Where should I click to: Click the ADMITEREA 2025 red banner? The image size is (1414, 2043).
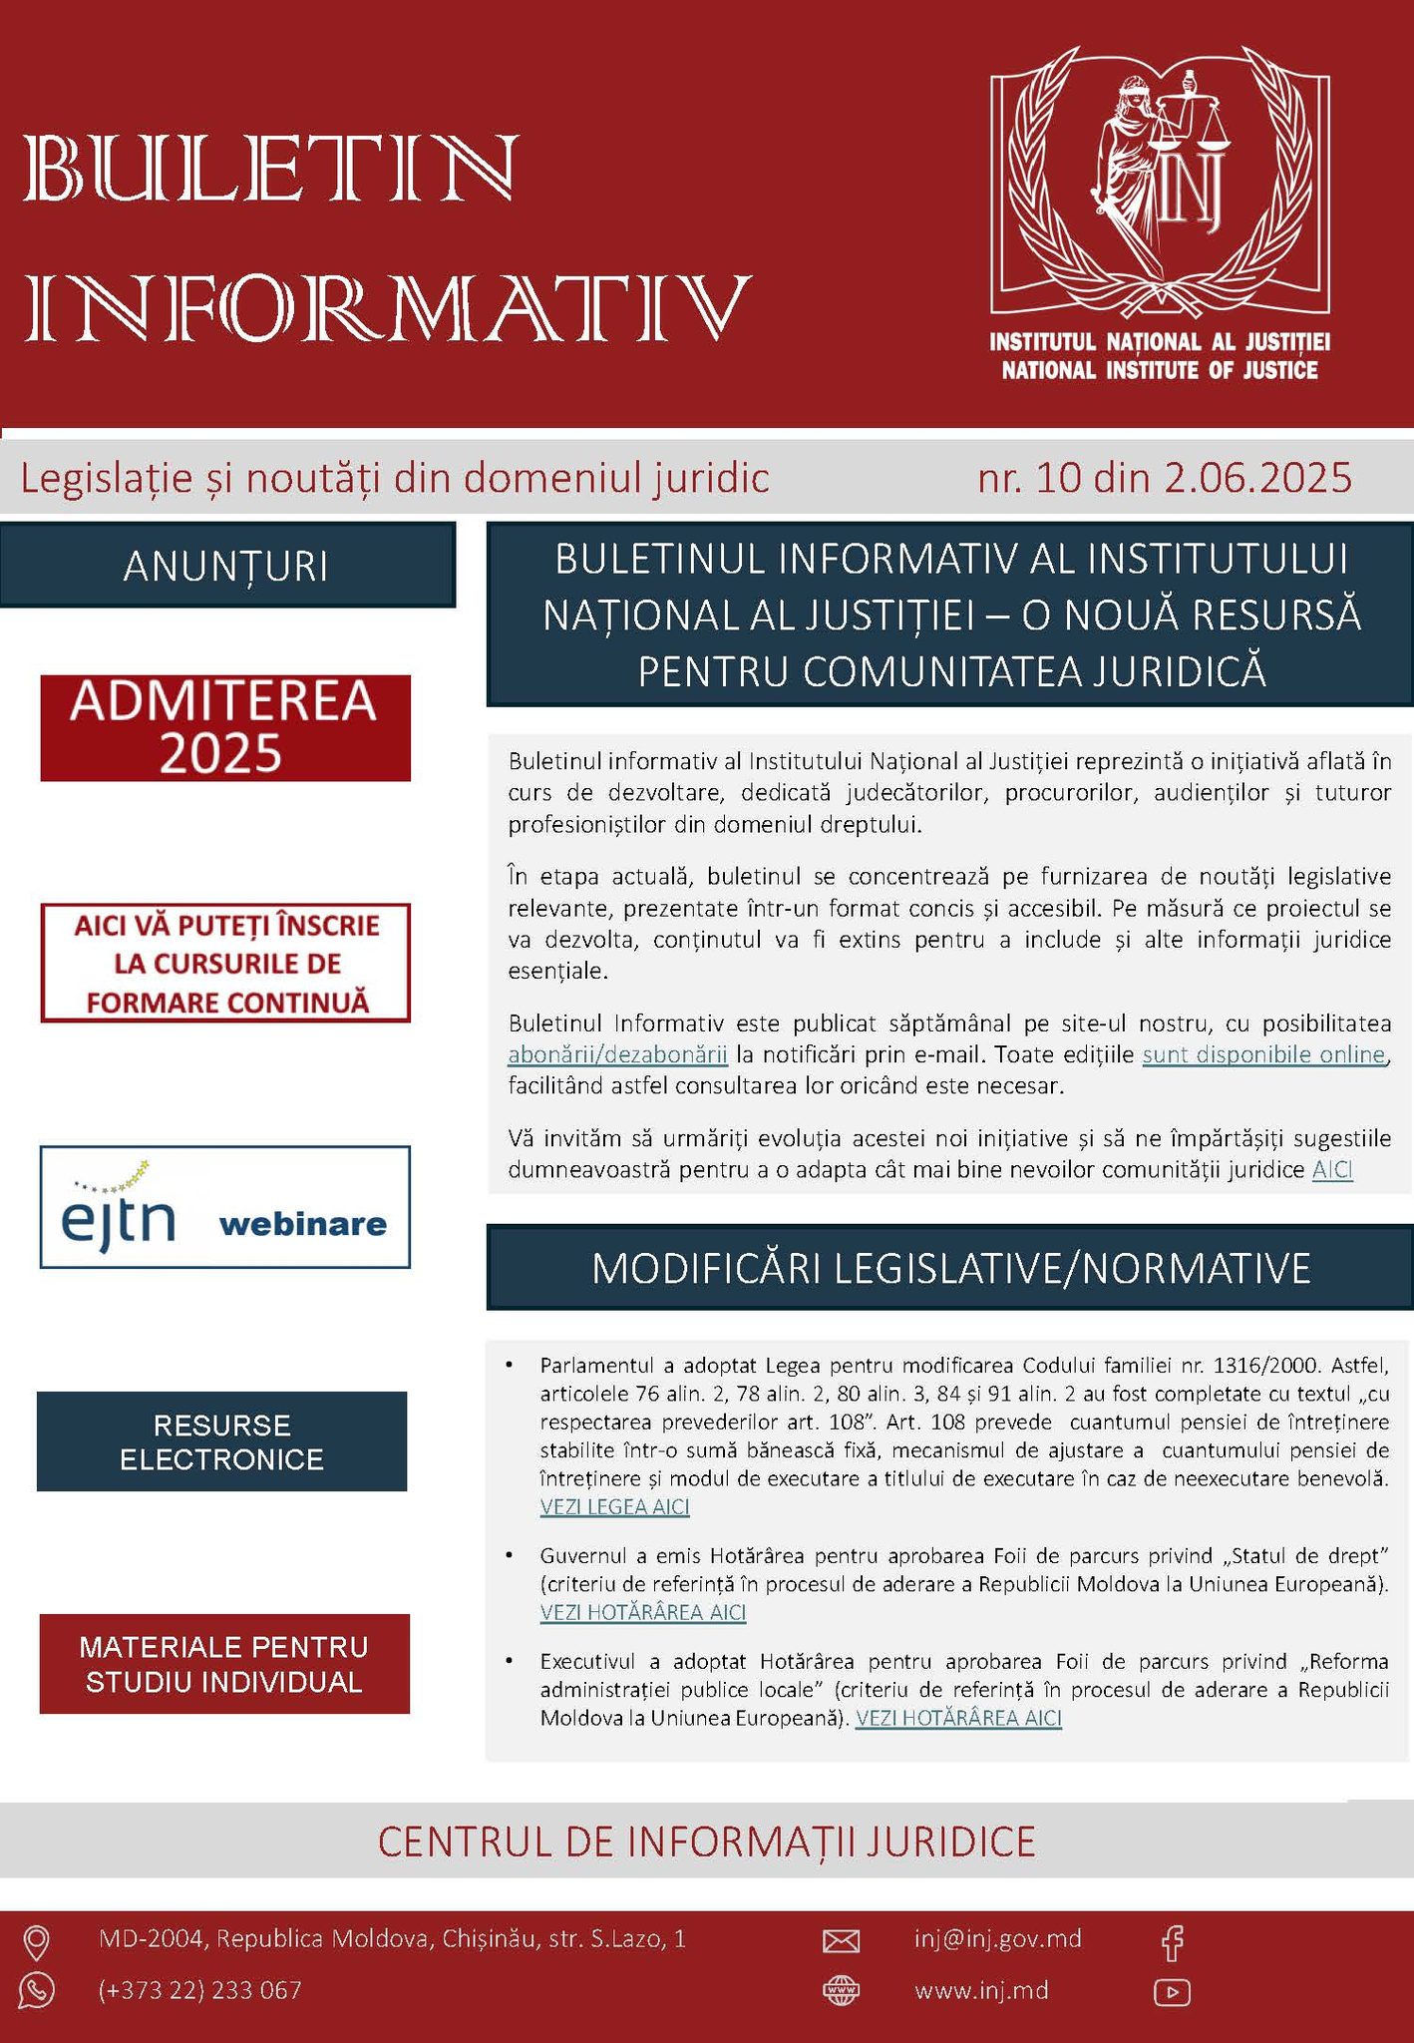pos(225,727)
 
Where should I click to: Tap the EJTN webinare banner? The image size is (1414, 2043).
pos(225,1206)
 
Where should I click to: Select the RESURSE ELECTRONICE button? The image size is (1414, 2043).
pos(222,1441)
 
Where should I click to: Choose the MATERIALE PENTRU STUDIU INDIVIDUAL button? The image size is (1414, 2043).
pos(224,1663)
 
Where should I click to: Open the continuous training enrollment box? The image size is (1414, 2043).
pos(225,963)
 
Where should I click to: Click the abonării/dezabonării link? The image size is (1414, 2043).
pos(617,1054)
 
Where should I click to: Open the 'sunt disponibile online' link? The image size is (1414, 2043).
pos(1263,1054)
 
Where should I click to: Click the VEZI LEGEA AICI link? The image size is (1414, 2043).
pos(614,1506)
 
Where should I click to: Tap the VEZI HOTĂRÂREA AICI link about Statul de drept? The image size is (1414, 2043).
pos(643,1612)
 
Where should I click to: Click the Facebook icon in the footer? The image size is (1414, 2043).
pos(1173,1940)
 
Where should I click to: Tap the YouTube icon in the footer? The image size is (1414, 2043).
pos(1173,1992)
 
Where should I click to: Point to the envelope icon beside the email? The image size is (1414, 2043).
pos(841,1940)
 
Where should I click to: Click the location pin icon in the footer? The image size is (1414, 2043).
pos(37,1941)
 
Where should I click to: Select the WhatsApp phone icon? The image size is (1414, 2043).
pos(37,1990)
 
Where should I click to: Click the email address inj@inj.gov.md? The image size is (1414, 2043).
pos(997,1938)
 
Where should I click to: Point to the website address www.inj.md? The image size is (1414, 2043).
pos(981,1990)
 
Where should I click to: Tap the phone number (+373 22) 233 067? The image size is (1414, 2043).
pos(199,1990)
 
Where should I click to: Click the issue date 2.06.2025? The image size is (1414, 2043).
pos(1257,478)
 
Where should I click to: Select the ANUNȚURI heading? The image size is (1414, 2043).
pos(226,566)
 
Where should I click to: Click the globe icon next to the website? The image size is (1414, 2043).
pos(841,1991)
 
